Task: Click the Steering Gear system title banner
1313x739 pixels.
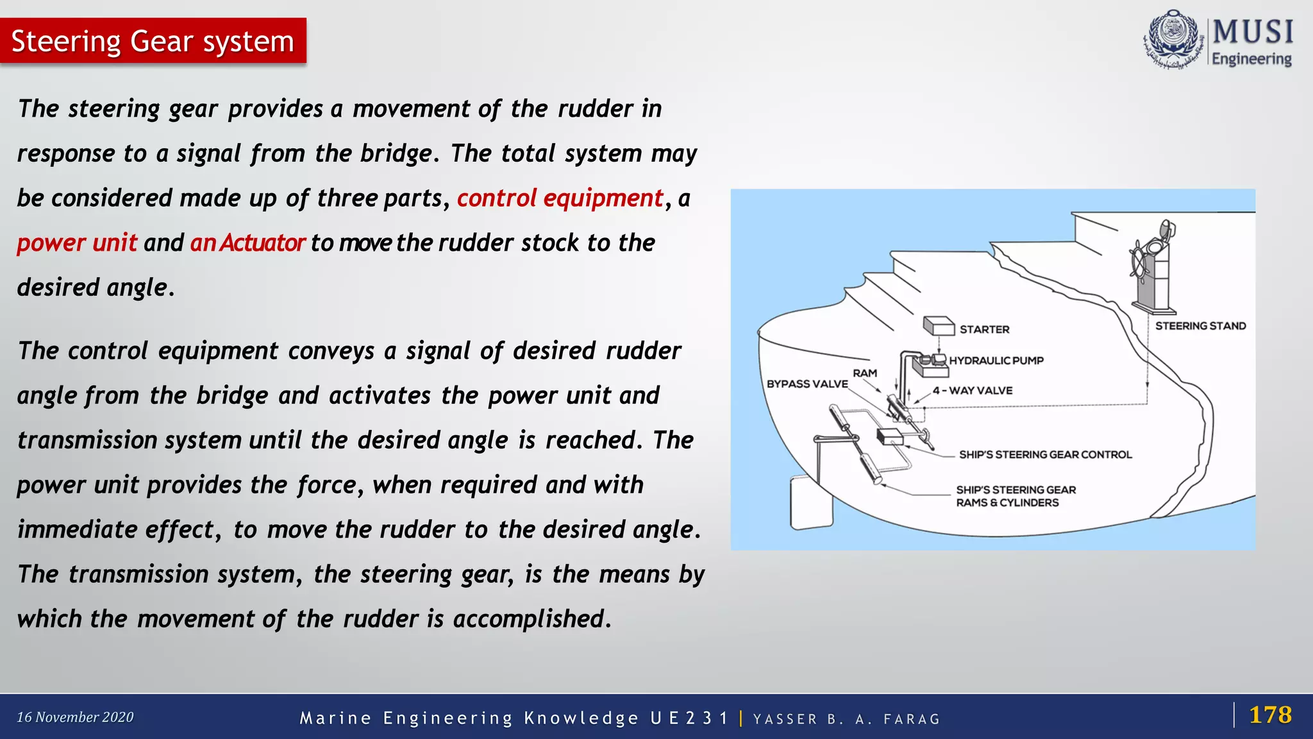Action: tap(153, 41)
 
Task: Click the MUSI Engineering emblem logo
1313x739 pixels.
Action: tap(1173, 40)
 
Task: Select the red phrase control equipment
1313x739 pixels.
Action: tap(560, 198)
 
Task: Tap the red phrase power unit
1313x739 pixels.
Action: tap(77, 243)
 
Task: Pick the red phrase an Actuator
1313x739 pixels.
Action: tap(247, 243)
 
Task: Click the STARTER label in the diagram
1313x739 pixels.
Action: tap(984, 330)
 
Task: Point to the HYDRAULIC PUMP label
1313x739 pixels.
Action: tap(996, 361)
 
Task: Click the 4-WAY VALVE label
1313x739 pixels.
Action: tap(973, 391)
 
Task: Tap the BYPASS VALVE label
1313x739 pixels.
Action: tap(807, 384)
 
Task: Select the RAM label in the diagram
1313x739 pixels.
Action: tap(865, 373)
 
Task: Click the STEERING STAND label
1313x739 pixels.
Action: tap(1200, 326)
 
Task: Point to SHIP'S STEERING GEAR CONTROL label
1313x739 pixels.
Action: tap(1045, 455)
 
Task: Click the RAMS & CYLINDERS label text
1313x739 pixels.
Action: tap(1007, 503)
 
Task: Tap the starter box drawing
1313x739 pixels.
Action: tap(939, 326)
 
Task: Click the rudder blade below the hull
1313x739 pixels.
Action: tap(810, 504)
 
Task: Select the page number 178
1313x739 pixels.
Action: tap(1270, 715)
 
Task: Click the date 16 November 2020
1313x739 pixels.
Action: tap(75, 717)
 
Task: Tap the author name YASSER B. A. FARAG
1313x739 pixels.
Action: tap(846, 719)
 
